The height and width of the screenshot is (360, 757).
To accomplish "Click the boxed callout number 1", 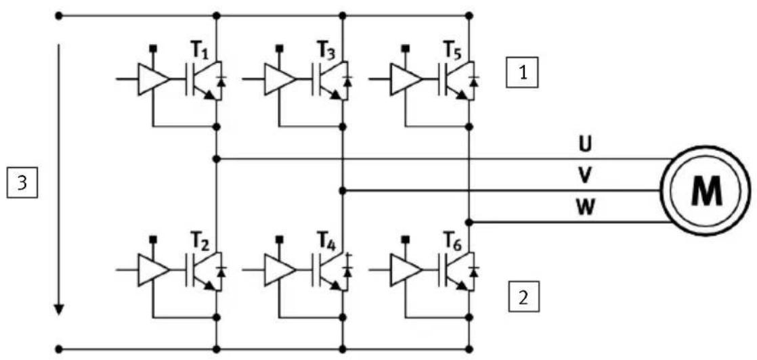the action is pyautogui.click(x=522, y=72).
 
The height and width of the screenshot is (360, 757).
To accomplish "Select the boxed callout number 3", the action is pyautogui.click(x=22, y=183).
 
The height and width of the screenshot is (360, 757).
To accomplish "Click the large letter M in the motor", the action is pyautogui.click(x=706, y=191).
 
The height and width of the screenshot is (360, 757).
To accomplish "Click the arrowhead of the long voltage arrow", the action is pyautogui.click(x=58, y=308).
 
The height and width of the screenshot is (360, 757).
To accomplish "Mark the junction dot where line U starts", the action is pyautogui.click(x=216, y=159).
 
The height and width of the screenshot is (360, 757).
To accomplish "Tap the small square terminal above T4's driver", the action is pyautogui.click(x=280, y=239).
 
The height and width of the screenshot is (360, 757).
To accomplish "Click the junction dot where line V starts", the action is pyautogui.click(x=343, y=191).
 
